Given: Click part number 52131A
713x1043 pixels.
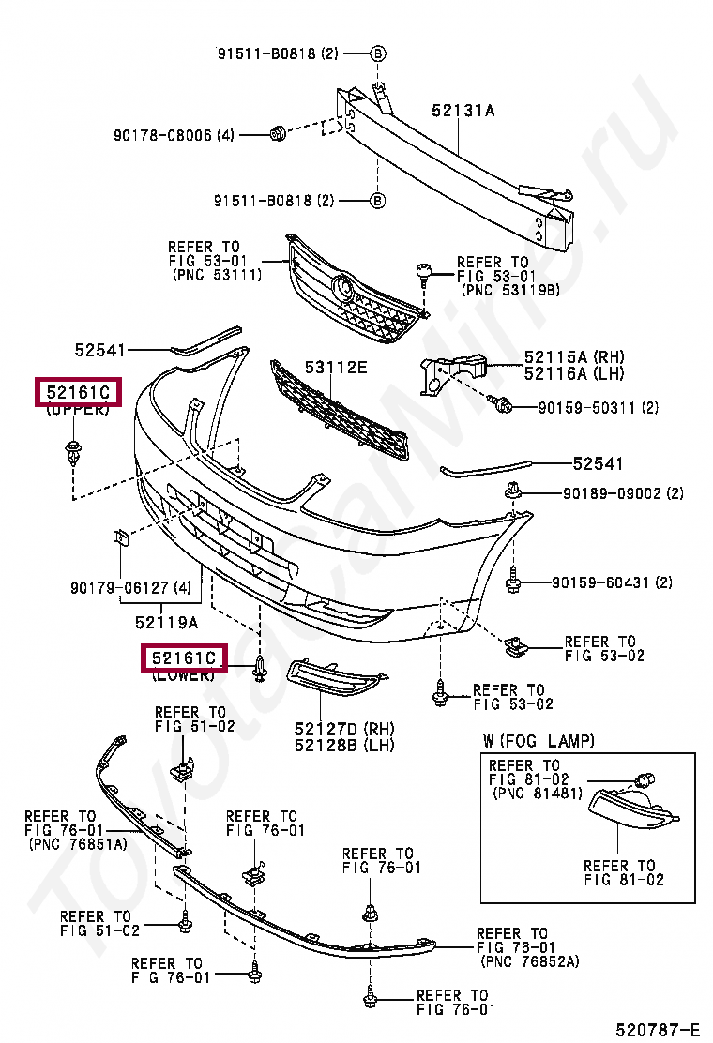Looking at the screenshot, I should (x=463, y=111).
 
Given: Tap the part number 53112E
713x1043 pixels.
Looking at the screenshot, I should (x=335, y=367).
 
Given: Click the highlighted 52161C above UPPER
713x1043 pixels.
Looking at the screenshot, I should (x=79, y=392).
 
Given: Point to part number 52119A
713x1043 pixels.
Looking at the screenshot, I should (x=166, y=621).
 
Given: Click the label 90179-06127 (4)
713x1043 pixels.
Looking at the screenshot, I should (x=130, y=588).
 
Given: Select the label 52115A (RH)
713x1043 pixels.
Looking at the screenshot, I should (x=574, y=357).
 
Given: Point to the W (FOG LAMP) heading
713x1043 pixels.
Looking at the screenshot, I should (x=539, y=741).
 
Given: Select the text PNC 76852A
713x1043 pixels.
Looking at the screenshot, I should (x=529, y=961).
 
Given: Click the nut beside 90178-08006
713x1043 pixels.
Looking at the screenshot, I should (x=278, y=133).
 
